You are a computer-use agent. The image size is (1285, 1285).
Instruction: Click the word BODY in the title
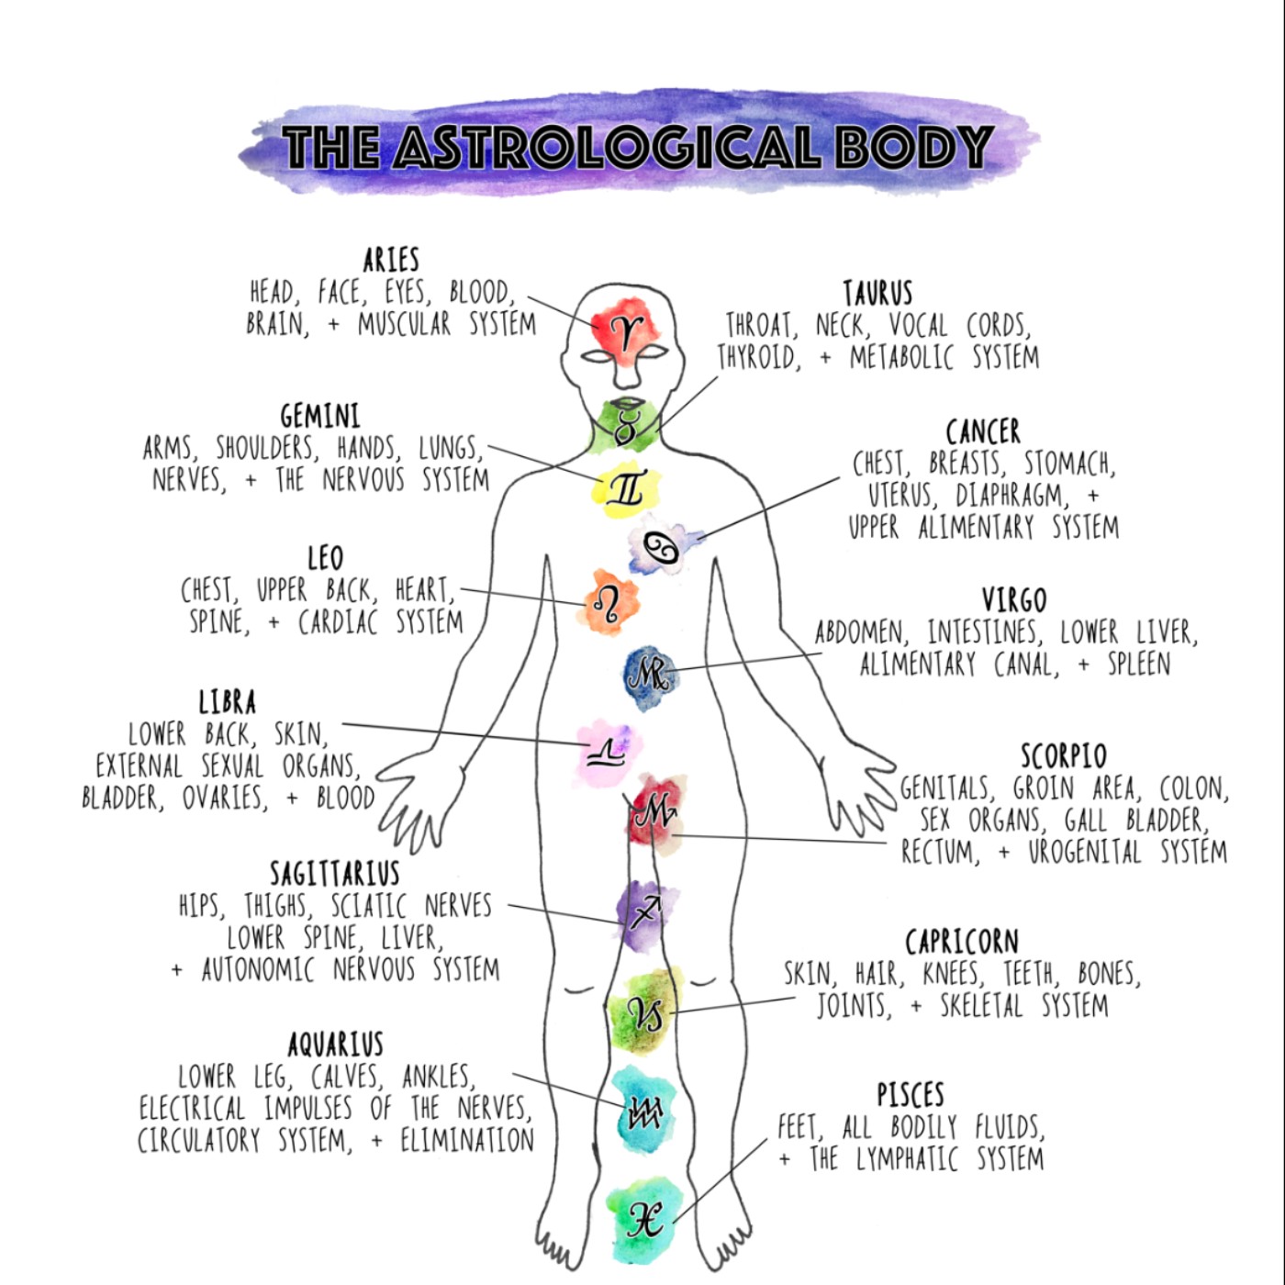pos(913,147)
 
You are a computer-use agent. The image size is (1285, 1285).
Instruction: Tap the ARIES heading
pos(391,261)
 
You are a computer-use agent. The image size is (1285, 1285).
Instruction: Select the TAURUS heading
pos(878,294)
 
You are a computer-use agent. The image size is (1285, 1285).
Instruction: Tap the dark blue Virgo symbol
pos(652,676)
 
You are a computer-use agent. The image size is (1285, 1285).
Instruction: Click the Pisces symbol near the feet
pos(644,1219)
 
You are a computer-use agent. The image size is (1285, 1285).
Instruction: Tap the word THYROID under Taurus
pos(758,357)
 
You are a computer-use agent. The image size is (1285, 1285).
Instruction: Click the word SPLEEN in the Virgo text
pos(1139,664)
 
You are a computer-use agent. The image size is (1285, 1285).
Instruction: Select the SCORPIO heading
pos(1064,756)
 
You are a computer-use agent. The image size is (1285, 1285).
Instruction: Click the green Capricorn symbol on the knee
pos(645,1012)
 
